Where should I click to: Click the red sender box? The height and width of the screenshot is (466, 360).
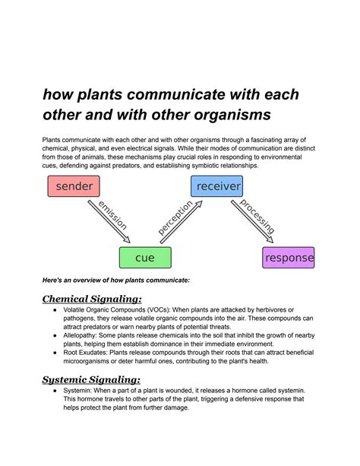[x=74, y=186]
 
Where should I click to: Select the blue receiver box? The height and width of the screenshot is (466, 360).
[x=217, y=186]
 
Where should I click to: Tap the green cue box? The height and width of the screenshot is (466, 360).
[x=144, y=258]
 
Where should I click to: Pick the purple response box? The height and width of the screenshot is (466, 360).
[x=289, y=258]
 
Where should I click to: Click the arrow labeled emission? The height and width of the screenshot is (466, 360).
[x=109, y=221]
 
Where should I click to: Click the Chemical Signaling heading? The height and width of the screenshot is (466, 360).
[x=92, y=300]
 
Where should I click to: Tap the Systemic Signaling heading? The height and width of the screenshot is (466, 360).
[x=91, y=379]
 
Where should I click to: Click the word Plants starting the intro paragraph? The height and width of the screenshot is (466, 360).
[x=54, y=139]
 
